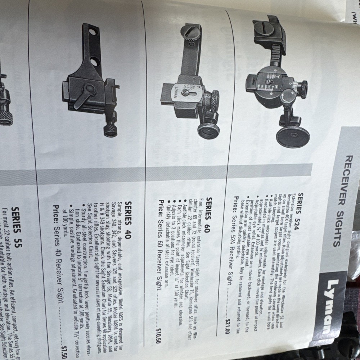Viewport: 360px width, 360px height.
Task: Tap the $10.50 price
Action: coord(158,333)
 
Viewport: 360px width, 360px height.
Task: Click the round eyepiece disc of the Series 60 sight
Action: coord(208,130)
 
